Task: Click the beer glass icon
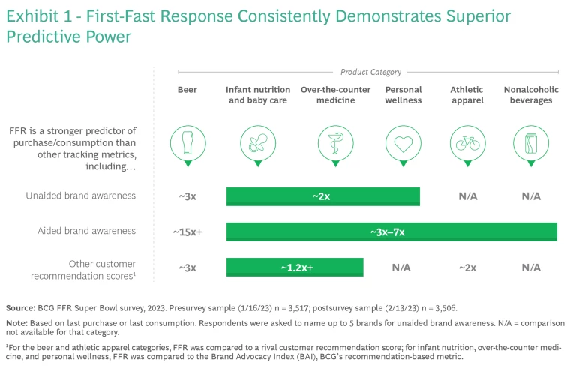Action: point(187,141)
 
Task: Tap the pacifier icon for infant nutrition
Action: point(258,141)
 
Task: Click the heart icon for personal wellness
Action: point(403,141)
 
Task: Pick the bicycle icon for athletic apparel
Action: point(466,141)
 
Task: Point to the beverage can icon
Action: point(530,141)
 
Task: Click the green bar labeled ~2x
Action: point(322,196)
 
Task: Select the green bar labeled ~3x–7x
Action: point(391,232)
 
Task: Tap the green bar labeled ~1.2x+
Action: point(295,268)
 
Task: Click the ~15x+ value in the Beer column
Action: point(187,232)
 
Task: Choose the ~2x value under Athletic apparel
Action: point(466,268)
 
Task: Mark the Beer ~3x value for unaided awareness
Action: point(187,196)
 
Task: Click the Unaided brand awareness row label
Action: point(88,196)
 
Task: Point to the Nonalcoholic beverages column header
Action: point(530,94)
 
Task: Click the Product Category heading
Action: point(370,72)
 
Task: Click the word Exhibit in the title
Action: point(33,17)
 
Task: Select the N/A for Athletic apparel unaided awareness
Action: point(466,196)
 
